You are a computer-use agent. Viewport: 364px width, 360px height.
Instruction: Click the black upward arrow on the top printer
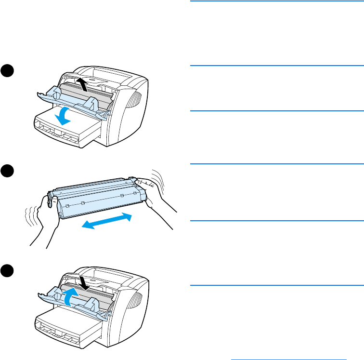click(x=83, y=85)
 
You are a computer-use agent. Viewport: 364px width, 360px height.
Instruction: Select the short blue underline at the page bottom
click(x=289, y=359)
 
